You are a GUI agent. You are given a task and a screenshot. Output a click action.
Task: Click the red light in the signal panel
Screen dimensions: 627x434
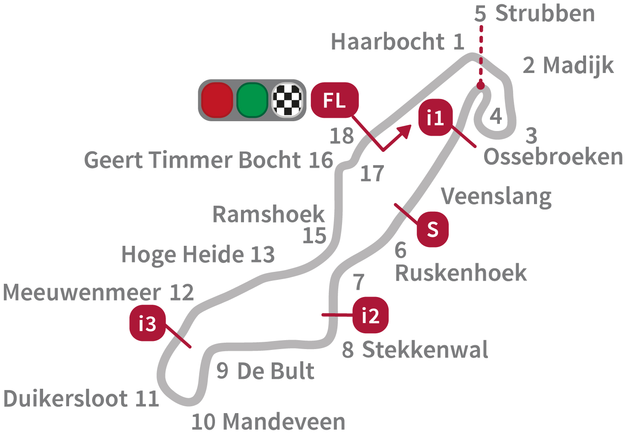pos(217,100)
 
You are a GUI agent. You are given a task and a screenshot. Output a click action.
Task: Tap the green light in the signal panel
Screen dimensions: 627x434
pos(252,100)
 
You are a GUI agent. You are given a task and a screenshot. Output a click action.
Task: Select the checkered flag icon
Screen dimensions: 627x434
pos(287,100)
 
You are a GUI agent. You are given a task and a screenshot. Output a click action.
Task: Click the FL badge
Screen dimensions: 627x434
pos(334,100)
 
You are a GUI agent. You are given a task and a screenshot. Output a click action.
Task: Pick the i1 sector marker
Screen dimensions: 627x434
pos(435,117)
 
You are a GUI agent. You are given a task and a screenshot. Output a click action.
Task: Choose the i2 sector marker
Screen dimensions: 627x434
pos(370,315)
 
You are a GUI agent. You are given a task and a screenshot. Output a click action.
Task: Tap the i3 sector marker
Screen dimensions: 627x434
pos(148,323)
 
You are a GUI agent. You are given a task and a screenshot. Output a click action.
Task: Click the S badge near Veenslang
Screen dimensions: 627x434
pos(433,229)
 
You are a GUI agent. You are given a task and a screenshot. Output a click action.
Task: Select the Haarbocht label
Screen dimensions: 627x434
pos(388,42)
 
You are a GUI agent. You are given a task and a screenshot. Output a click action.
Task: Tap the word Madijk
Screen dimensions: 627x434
pos(578,66)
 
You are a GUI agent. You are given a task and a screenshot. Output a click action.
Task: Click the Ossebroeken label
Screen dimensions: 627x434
pos(553,157)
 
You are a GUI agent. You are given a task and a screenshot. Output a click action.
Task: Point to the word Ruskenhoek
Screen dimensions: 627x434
pos(461,272)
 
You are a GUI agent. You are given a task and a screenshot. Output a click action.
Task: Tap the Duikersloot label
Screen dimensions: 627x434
pos(66,398)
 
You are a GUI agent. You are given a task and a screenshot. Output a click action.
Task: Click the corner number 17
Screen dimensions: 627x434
pos(372,174)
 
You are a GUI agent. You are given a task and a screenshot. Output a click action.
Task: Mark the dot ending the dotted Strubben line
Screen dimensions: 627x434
pos(481,85)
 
